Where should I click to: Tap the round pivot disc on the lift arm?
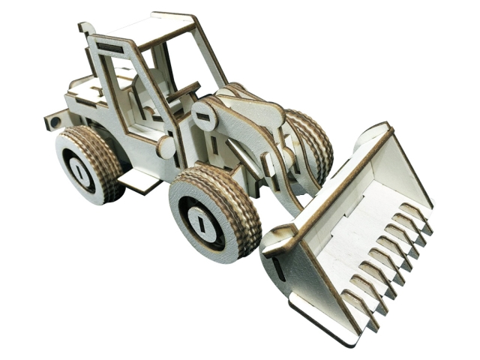(x=205, y=116)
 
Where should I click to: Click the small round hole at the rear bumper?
(x=54, y=120)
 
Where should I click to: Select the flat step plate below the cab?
(x=139, y=178)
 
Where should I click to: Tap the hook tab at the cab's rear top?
(x=83, y=29)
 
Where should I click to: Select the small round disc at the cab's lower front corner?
(x=166, y=146)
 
